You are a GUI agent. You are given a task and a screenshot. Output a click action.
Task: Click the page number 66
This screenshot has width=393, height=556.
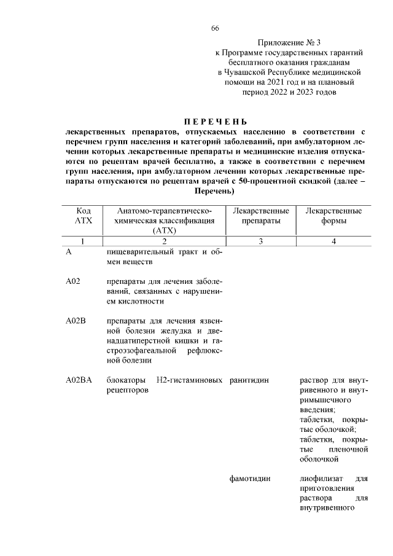coord(215,29)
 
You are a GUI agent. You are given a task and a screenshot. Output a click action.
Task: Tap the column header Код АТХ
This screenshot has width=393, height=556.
coord(83,216)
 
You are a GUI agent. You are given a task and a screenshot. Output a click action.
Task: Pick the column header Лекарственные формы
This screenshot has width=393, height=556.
coord(333,216)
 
